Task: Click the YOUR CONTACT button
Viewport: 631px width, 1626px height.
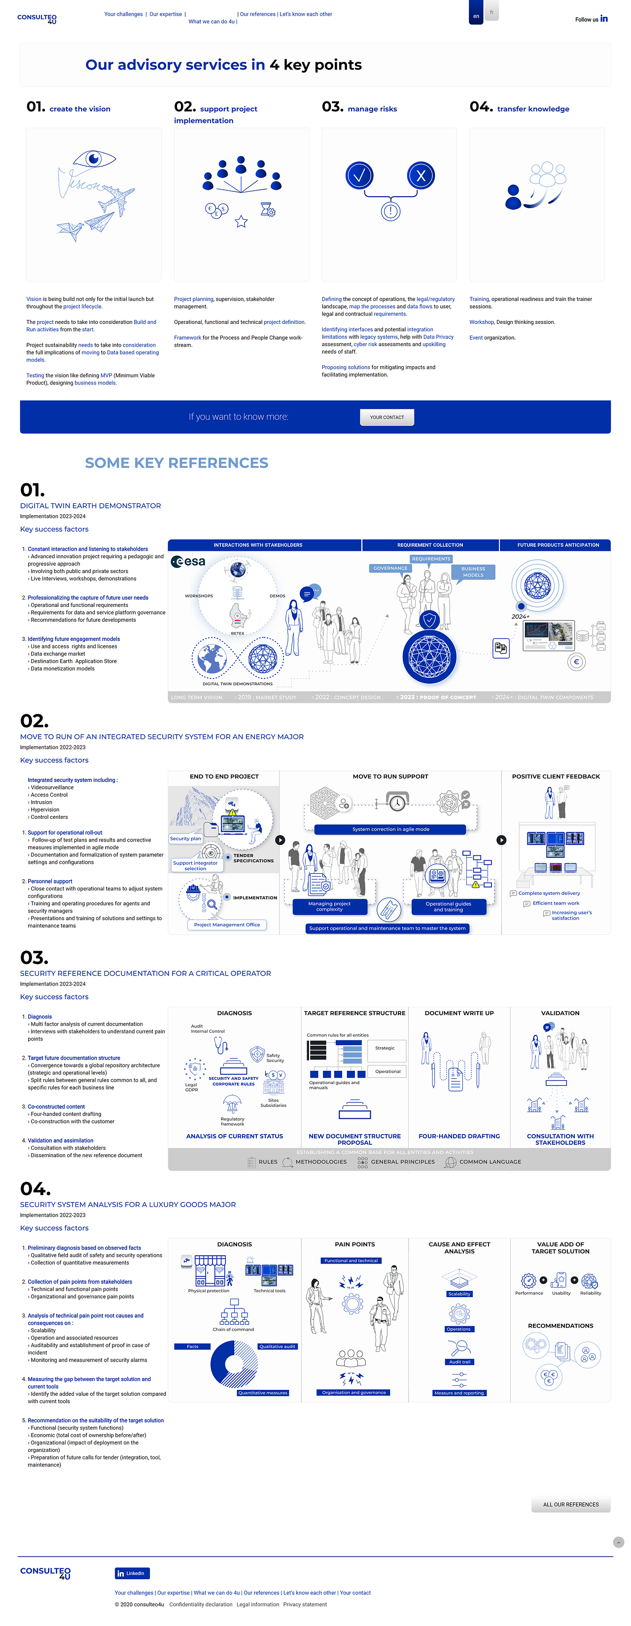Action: pos(387,417)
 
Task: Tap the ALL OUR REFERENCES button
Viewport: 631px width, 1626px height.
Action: pos(570,1504)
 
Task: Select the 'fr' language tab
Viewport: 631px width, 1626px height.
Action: pos(491,12)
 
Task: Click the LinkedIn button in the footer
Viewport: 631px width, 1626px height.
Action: pos(132,1573)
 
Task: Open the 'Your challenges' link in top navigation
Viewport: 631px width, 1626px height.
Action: pos(123,14)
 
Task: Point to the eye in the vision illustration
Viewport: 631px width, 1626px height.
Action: pos(94,158)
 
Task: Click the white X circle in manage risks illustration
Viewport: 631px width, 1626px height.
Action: pos(421,176)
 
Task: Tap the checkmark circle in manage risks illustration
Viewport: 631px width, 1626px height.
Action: pos(359,176)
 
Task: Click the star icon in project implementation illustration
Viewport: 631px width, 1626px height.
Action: pos(241,221)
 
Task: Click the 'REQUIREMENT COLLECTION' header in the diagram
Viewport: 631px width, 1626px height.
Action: pos(430,545)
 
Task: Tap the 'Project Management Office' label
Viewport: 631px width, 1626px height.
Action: pos(227,925)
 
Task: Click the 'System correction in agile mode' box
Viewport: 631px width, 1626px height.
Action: pos(390,829)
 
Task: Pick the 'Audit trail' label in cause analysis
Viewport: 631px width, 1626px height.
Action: pos(459,1362)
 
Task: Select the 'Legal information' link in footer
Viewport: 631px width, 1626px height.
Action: pos(257,1604)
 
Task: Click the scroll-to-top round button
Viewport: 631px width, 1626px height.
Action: pos(618,1542)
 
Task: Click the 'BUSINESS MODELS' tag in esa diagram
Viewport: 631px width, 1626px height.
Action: pos(473,571)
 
